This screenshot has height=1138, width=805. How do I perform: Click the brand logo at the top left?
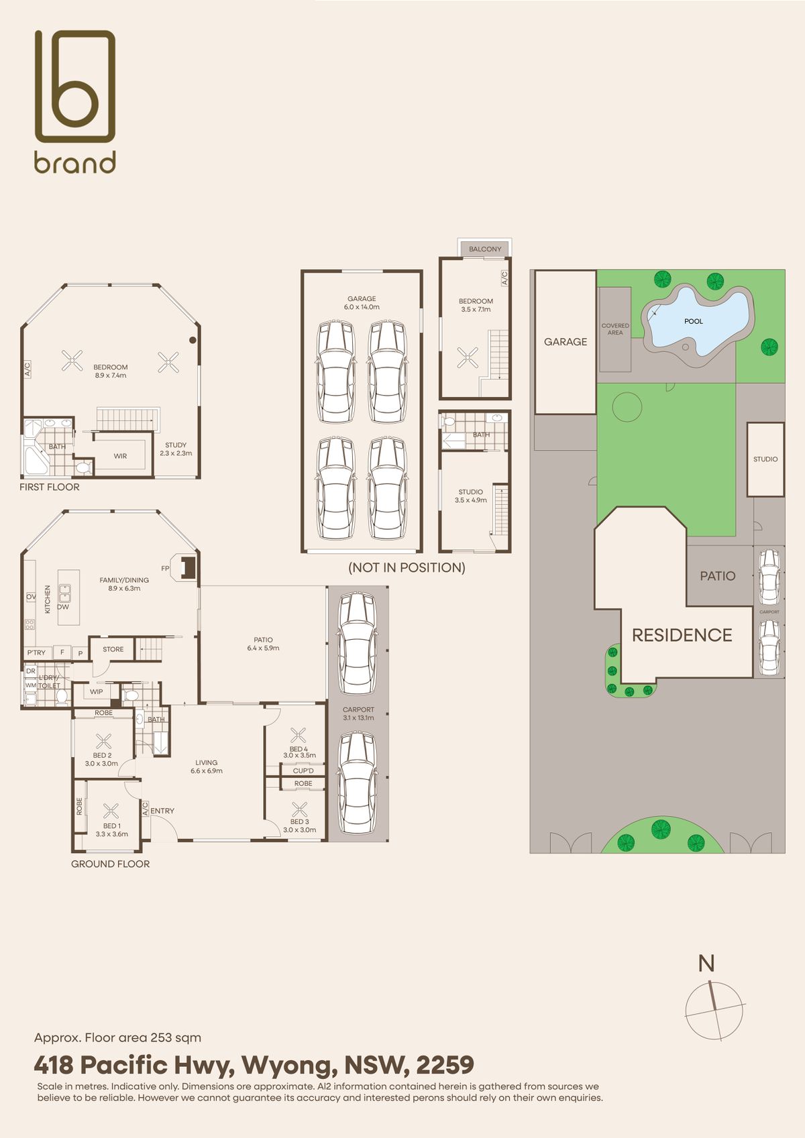coord(75,102)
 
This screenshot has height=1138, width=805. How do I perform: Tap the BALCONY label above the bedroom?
coord(485,249)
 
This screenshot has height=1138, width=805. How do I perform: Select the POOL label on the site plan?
coord(694,321)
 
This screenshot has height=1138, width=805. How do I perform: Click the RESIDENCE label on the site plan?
coord(682,635)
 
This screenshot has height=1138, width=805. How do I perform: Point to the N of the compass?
coord(706,963)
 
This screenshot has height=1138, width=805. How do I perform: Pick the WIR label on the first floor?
coord(121,456)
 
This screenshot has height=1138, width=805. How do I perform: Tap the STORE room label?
coord(113,649)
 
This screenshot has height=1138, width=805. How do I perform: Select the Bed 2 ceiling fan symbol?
coord(104,741)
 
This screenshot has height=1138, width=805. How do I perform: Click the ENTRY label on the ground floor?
coord(162,811)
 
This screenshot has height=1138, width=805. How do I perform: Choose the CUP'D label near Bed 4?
coord(303,771)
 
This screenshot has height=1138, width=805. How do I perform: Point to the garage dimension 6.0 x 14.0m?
coord(362,307)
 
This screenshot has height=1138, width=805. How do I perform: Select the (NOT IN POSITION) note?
coord(407,567)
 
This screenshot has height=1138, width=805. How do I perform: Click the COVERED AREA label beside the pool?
coord(615,329)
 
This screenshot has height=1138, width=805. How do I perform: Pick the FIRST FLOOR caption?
coord(49,487)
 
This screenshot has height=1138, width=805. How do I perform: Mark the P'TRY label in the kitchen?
coord(37,652)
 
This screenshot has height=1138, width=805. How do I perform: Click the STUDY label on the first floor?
coord(176,445)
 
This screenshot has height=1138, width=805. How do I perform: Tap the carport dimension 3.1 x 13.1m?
coord(358,718)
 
